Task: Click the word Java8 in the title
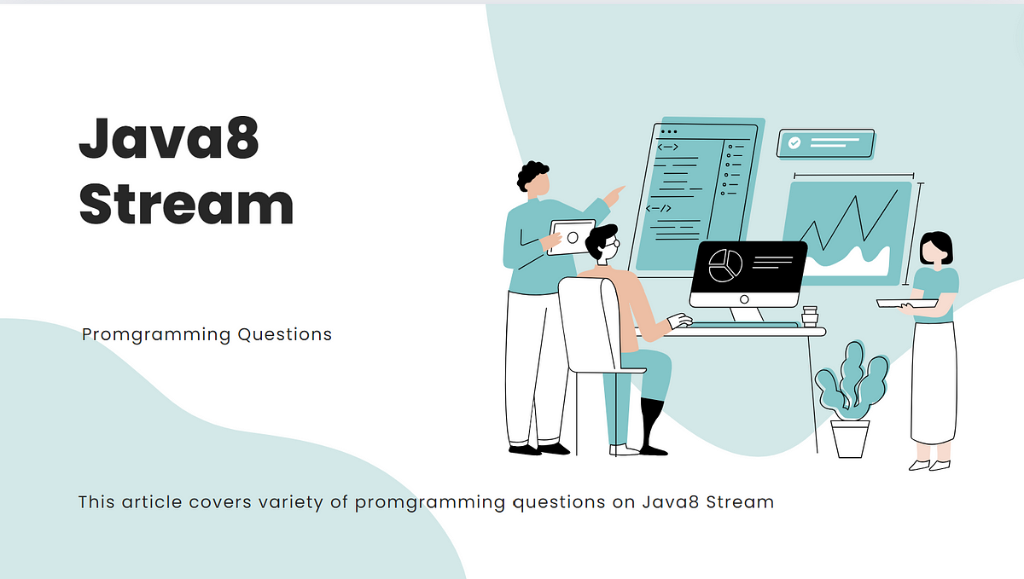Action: (x=169, y=138)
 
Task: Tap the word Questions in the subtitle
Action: (x=284, y=335)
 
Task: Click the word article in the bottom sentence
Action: (x=152, y=501)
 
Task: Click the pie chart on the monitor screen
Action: (x=725, y=265)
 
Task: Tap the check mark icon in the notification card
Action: (x=794, y=142)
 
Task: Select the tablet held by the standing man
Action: (x=572, y=237)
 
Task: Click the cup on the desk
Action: (x=810, y=316)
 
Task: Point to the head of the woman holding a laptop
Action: (x=936, y=249)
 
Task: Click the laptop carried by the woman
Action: (x=907, y=304)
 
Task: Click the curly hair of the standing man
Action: (x=531, y=174)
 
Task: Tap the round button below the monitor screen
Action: (x=744, y=299)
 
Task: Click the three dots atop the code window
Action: (x=669, y=131)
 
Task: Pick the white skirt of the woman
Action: (x=934, y=383)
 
